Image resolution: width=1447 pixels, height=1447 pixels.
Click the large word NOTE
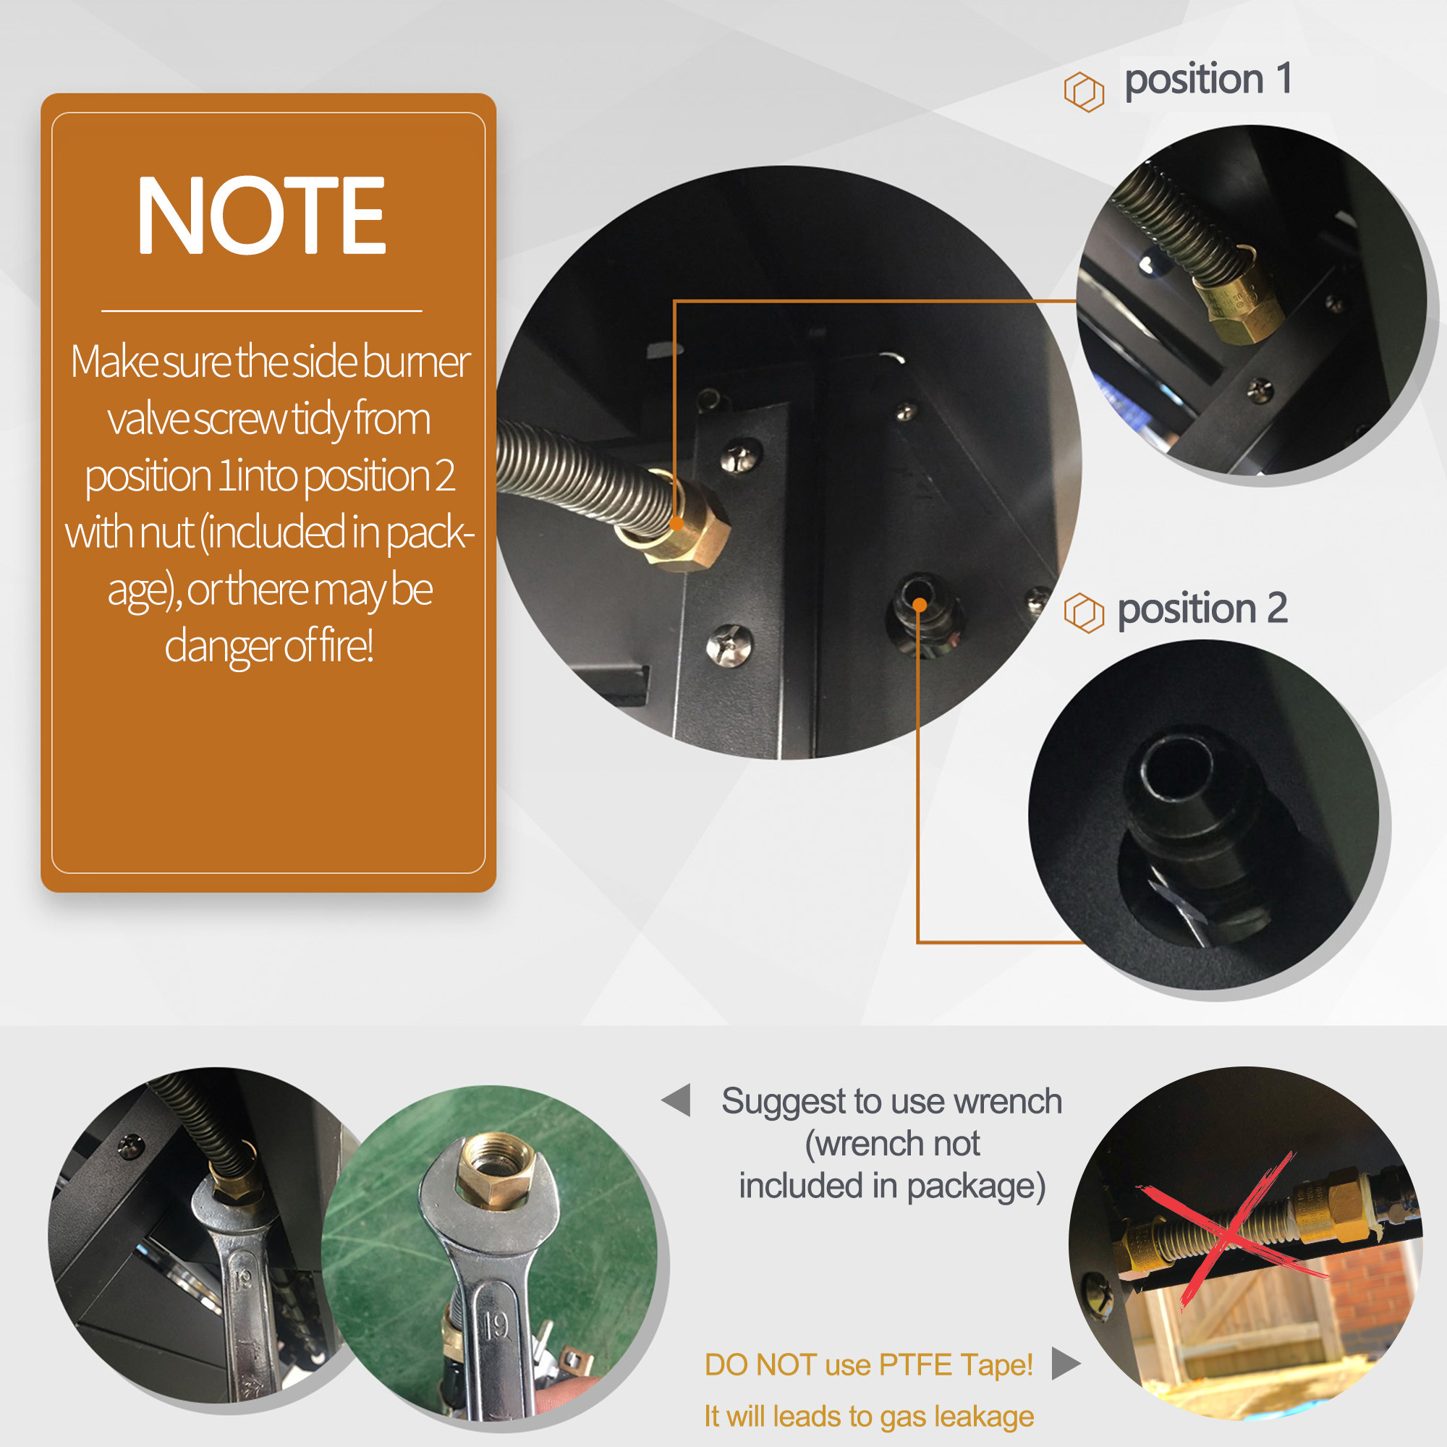[260, 216]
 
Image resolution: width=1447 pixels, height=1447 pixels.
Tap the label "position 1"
[1208, 81]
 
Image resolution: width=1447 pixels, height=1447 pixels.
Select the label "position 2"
[1202, 609]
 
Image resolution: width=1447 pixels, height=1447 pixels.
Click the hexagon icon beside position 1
[1084, 92]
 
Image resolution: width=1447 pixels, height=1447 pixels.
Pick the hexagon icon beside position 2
[1084, 613]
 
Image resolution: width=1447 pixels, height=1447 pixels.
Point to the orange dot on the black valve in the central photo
[920, 604]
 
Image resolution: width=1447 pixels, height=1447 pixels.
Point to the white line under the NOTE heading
[261, 310]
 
